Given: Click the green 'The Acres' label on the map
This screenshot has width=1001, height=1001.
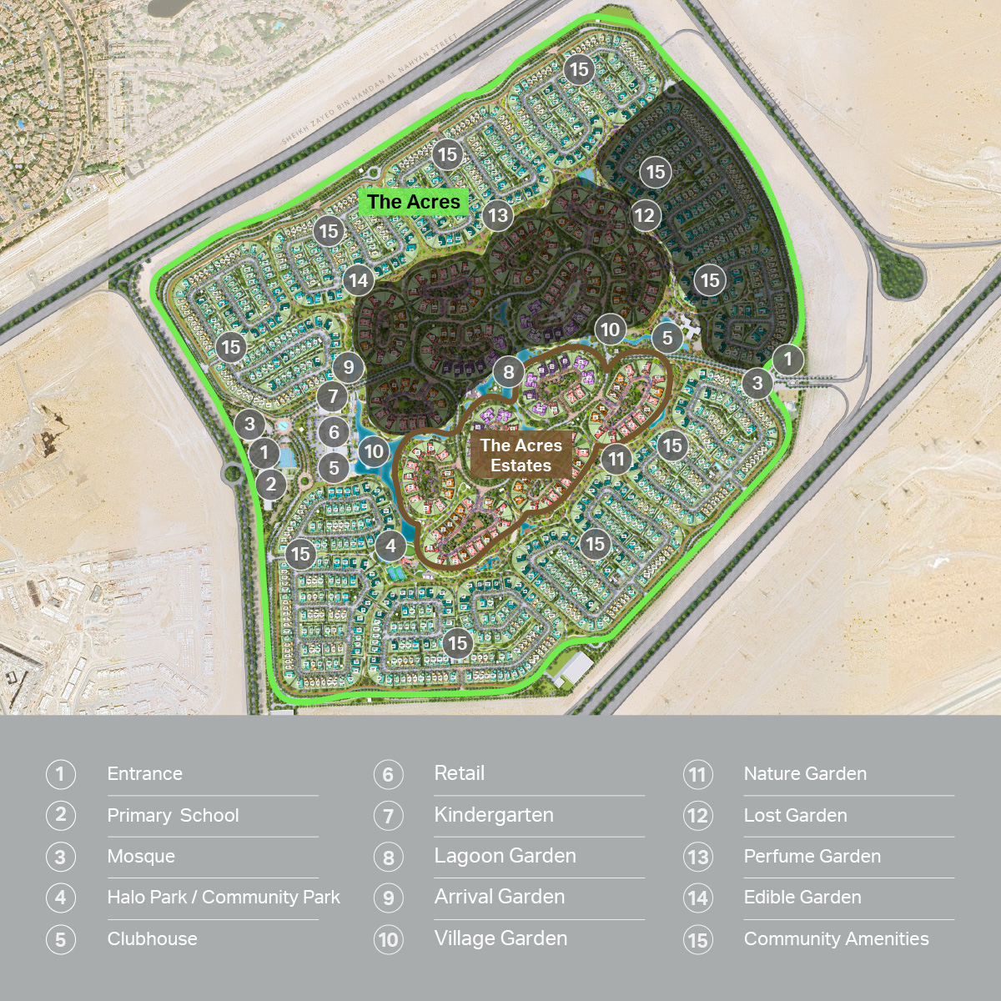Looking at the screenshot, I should (414, 202).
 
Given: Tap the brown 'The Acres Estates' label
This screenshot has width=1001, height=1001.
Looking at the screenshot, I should (521, 455).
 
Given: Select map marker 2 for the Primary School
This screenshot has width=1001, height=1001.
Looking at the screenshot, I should (270, 484).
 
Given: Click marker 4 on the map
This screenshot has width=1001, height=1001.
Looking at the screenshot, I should (390, 546).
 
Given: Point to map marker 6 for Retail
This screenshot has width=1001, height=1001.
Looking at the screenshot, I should (334, 432).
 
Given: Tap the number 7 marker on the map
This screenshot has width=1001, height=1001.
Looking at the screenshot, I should (332, 397).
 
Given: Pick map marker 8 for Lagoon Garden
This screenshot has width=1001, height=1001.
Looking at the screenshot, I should (509, 372).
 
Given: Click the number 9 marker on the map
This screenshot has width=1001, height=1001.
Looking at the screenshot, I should (349, 367).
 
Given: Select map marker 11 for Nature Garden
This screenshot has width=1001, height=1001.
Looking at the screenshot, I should (616, 458).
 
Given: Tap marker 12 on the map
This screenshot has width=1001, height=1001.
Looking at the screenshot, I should (644, 215).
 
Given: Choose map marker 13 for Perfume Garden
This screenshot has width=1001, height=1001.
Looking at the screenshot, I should (498, 215).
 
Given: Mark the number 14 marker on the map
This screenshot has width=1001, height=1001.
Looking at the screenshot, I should (359, 280).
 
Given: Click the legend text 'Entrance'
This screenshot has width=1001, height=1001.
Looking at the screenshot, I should (144, 774).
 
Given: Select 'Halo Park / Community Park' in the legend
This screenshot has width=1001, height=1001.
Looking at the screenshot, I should (224, 898).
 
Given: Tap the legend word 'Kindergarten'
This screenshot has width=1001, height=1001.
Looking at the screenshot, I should (494, 815).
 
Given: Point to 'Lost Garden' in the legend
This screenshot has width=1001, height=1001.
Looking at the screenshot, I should (795, 816).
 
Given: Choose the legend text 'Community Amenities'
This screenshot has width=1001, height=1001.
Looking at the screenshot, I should (836, 939).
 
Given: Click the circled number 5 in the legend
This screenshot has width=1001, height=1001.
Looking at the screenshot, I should (60, 939).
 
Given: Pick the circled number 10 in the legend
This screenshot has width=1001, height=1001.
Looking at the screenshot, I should (388, 940).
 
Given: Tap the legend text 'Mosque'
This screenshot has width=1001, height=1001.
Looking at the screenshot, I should (141, 857).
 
